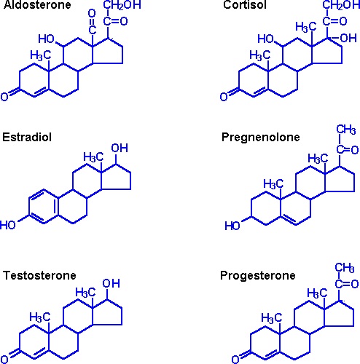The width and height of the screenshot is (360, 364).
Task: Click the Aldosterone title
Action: coord(37,4)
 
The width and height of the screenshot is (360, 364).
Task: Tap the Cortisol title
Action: coord(245,4)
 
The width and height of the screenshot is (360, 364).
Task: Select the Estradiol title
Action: coord(27,137)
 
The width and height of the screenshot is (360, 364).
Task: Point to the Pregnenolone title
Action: coord(261,137)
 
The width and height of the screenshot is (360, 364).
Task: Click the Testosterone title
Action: coord(39,275)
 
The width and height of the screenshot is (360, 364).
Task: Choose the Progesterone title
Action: coord(258,276)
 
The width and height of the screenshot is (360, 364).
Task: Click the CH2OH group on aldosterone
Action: coord(122,5)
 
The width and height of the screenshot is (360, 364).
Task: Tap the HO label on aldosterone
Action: coord(46,39)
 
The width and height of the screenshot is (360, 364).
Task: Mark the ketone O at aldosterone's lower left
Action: coord(4,97)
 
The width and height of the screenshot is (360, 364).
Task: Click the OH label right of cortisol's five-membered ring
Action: coord(348,38)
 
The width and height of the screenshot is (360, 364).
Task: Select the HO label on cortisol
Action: coord(265,39)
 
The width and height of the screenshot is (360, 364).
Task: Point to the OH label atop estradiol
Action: coord(120,148)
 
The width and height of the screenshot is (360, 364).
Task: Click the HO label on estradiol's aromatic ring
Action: coord(8,225)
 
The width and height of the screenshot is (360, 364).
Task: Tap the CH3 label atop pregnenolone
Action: coord(346,130)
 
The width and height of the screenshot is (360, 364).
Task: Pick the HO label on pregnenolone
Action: coord(232,226)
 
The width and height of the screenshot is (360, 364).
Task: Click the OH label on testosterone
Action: coord(111,283)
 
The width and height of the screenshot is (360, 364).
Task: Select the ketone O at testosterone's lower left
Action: coord(4,359)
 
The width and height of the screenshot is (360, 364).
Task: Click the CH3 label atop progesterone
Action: coord(345,268)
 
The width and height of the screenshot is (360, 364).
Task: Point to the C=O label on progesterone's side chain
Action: coord(347,284)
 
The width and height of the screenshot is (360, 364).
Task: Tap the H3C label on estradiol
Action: coord(93,157)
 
